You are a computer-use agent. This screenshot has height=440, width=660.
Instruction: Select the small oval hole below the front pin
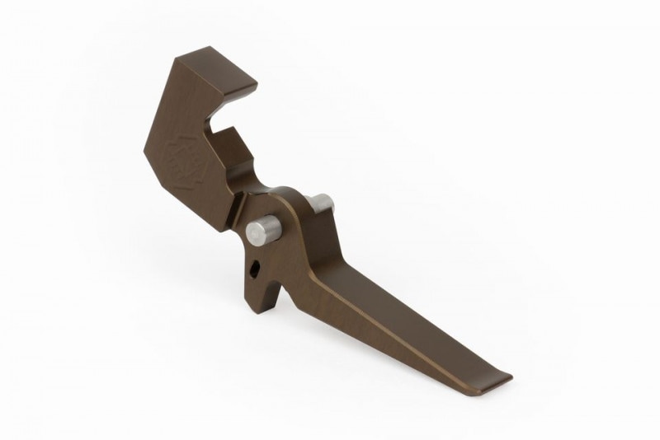257,267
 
